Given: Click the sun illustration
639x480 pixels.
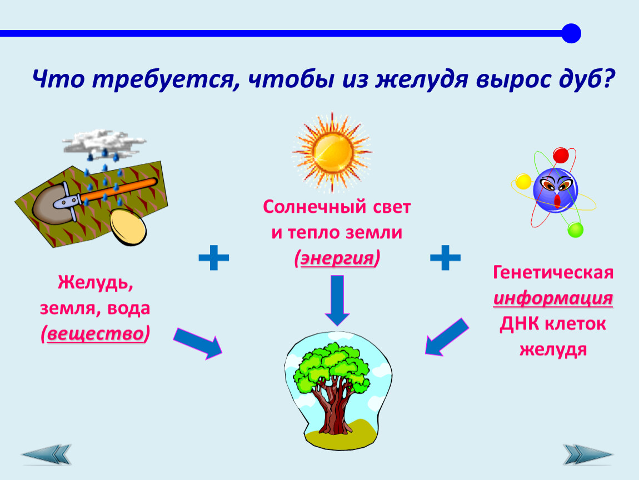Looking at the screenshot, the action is pos(332,152).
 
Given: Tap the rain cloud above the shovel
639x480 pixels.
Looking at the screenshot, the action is pos(104,141).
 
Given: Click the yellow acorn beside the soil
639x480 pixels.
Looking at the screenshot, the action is pos(128,227).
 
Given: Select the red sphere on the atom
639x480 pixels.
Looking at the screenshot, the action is pos(561,156).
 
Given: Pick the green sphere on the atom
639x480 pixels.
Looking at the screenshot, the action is pos(575,230).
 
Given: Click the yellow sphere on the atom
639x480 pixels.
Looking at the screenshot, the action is pos(523,182).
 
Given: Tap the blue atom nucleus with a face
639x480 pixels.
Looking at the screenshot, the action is pos(556,191).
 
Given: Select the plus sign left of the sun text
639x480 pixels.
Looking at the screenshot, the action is pos(213,258).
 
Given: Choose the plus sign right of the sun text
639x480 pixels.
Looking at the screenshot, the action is pos(446,258).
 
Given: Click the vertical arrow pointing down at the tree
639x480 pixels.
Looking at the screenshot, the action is pos(337,301).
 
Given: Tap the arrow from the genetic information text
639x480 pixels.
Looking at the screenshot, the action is pos(446,337).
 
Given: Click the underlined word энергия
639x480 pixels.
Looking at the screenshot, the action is pos(337,258).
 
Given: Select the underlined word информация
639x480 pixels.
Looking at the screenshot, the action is pos(553,298).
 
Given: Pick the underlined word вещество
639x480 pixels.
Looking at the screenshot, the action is pos(96,334).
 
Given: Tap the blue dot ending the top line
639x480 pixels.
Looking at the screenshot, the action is pos(571,33).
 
